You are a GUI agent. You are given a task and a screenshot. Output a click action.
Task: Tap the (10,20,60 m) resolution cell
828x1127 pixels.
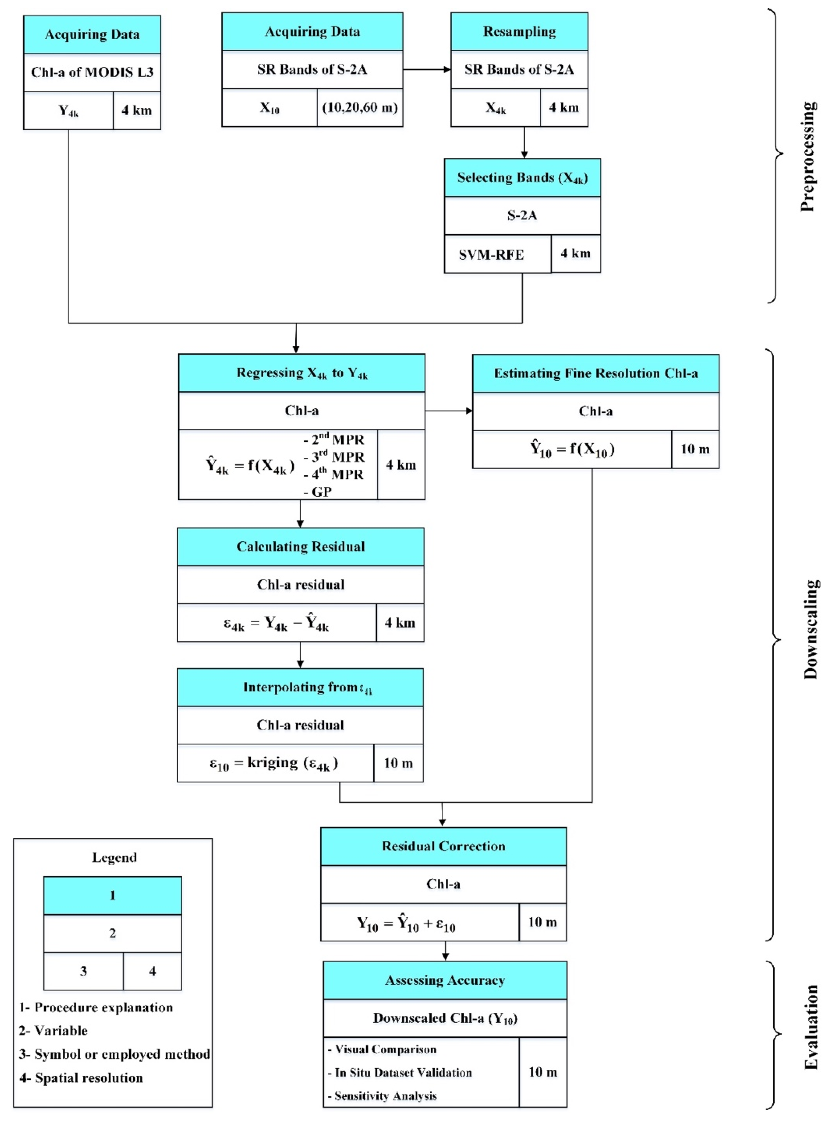[x=360, y=107]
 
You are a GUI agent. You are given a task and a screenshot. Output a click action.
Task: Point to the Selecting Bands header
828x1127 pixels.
[x=522, y=177]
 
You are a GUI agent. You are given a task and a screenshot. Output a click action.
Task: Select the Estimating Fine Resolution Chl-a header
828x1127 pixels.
[x=595, y=373]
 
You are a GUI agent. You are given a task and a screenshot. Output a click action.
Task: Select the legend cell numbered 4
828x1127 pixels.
[x=152, y=971]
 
